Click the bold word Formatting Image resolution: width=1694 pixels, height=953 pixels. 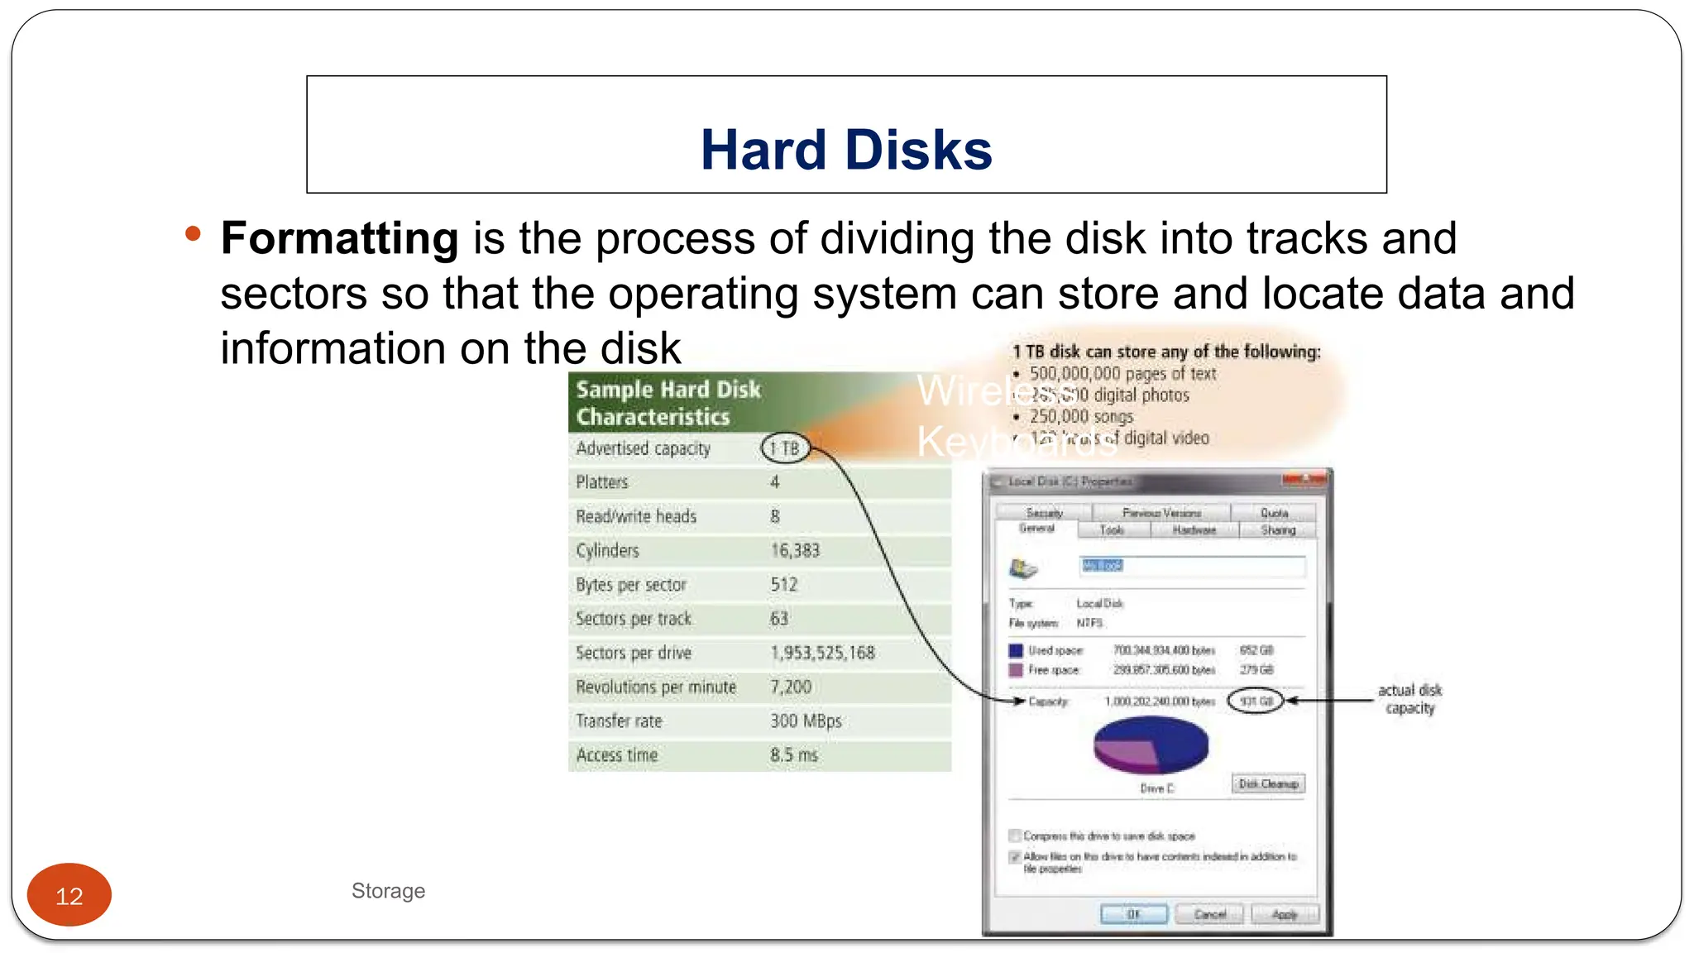tap(339, 238)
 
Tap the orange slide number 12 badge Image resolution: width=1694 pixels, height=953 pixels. tap(69, 895)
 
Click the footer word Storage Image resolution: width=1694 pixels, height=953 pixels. tap(388, 891)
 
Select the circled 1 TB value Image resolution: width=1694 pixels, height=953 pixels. tap(784, 448)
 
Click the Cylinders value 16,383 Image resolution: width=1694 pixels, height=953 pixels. tap(795, 550)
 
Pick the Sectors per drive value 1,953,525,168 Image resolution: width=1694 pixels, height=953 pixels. tap(822, 653)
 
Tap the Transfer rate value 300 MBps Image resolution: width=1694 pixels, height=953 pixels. tap(806, 721)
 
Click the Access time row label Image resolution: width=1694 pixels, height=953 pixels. tap(617, 754)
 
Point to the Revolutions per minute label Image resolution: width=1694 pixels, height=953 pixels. tap(656, 687)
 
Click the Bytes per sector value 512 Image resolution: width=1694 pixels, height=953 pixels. tap(784, 584)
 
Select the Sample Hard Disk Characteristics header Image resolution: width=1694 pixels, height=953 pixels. tap(668, 403)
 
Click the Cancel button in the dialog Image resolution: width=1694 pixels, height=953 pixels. tap(1210, 914)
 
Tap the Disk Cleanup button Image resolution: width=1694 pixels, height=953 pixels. tap(1268, 783)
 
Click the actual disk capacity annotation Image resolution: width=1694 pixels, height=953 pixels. tap(1409, 699)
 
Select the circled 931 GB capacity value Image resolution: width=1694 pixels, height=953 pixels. tap(1256, 701)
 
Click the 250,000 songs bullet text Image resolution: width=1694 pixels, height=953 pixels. tap(1081, 416)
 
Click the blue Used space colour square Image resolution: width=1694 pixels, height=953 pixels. tap(1016, 650)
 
